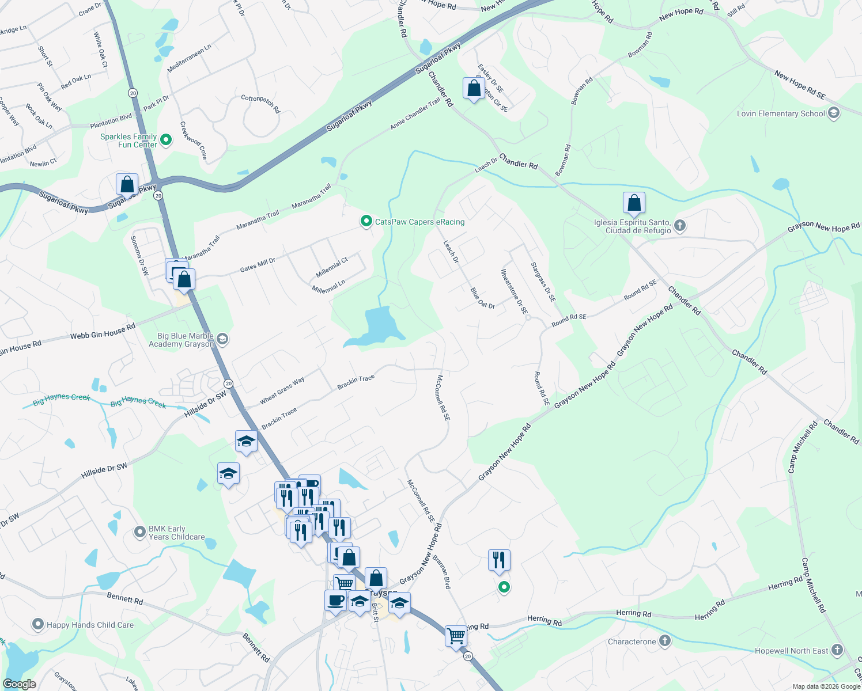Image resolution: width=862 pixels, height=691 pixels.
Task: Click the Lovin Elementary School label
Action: click(781, 114)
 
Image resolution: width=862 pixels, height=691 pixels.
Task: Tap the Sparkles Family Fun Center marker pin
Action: click(166, 139)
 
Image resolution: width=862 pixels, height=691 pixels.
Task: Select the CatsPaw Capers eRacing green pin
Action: click(366, 221)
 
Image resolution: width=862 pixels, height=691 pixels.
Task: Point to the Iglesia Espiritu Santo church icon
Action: click(680, 225)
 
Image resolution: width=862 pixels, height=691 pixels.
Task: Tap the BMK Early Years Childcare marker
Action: click(140, 531)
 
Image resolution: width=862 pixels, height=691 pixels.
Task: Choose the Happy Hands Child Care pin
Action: click(38, 624)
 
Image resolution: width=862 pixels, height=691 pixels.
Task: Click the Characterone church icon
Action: click(664, 641)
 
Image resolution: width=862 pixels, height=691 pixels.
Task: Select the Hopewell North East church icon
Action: click(837, 650)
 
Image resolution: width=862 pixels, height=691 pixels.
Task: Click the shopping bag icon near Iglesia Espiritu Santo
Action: click(634, 203)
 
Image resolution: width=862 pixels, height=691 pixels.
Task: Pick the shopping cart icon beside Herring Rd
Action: click(456, 636)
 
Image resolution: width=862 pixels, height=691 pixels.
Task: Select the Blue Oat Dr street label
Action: click(482, 298)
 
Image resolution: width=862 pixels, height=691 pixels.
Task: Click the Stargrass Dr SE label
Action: click(543, 282)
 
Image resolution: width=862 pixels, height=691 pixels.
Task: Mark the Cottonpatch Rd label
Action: click(260, 103)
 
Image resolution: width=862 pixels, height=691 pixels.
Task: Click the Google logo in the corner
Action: click(20, 684)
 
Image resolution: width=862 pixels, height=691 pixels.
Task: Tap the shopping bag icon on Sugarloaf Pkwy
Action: click(127, 185)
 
